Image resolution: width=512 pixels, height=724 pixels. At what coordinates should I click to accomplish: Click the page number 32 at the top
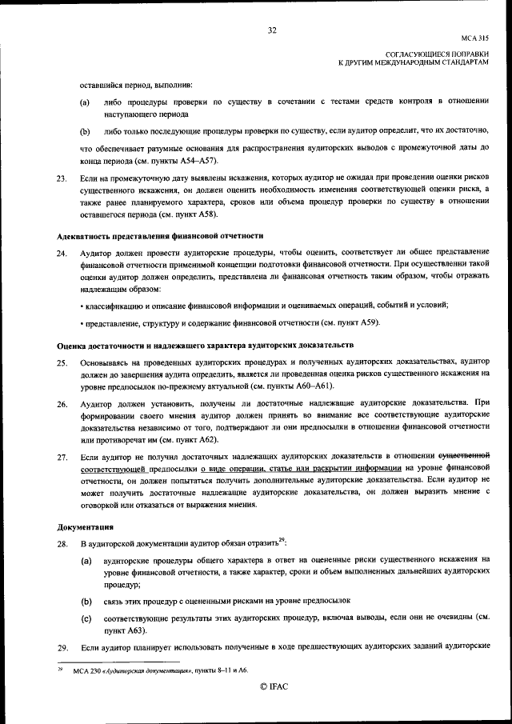pyautogui.click(x=272, y=30)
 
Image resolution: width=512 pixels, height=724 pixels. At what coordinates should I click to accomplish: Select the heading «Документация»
pyautogui.click(x=86, y=528)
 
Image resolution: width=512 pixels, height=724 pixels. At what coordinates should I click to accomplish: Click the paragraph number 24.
pyautogui.click(x=62, y=253)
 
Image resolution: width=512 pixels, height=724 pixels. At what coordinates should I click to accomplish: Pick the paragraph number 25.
pyautogui.click(x=62, y=362)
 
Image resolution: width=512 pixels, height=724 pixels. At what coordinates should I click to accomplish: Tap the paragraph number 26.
pyautogui.click(x=62, y=405)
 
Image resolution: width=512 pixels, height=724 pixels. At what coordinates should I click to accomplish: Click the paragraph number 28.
pyautogui.click(x=62, y=544)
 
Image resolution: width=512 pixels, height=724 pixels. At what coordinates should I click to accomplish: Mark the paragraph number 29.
pyautogui.click(x=62, y=646)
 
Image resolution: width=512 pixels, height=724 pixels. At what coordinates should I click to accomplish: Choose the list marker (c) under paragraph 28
pyautogui.click(x=86, y=618)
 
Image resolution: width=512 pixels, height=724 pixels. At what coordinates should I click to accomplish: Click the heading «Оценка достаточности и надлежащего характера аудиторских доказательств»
pyautogui.click(x=205, y=345)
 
